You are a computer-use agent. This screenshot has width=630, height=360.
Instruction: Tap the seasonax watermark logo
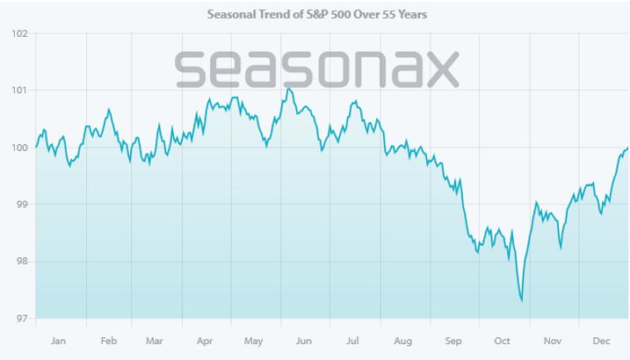tap(316, 68)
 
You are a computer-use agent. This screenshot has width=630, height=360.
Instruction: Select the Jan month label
tap(59, 340)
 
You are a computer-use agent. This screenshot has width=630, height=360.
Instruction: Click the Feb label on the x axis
tap(109, 340)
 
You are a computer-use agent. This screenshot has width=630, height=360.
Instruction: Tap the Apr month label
tap(206, 340)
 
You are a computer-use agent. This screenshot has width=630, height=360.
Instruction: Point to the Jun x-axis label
tap(305, 340)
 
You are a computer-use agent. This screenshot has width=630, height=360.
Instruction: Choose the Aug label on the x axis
tap(404, 340)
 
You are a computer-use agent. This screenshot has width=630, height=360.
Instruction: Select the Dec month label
tap(603, 340)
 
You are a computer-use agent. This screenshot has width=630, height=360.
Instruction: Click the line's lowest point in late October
tap(522, 300)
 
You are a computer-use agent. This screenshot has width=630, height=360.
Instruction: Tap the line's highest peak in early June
tap(288, 89)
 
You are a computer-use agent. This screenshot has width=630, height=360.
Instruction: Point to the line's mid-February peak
tap(108, 110)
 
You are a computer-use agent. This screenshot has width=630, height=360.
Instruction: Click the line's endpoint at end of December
tap(627, 148)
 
